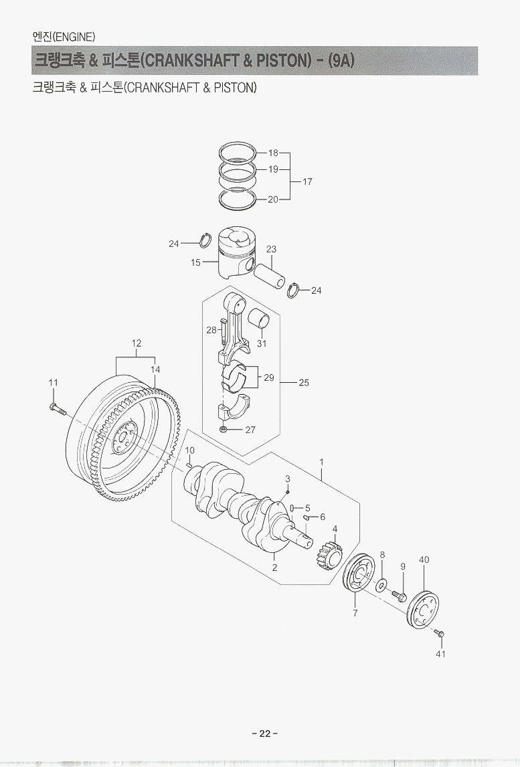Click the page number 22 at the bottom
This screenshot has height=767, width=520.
(x=264, y=733)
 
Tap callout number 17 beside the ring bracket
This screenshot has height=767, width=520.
(x=307, y=181)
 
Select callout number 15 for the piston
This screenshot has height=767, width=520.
(x=195, y=262)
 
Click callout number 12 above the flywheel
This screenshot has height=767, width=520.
(x=137, y=343)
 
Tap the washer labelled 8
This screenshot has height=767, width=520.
(x=381, y=586)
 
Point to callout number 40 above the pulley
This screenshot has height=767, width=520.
(x=424, y=560)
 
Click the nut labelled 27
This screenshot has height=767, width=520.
(x=223, y=429)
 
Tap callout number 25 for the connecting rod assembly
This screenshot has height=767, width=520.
(x=303, y=383)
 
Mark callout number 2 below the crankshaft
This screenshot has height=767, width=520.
(x=274, y=568)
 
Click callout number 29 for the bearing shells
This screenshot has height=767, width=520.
(x=268, y=377)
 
